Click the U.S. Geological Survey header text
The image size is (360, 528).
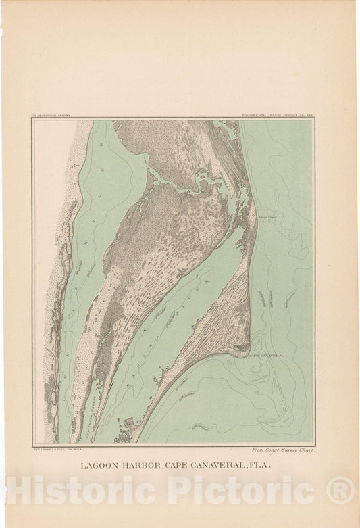coord(51,116)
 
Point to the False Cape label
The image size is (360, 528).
coord(267,217)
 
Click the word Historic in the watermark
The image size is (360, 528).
coord(82,489)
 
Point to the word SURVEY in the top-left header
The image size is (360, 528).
coord(62,116)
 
